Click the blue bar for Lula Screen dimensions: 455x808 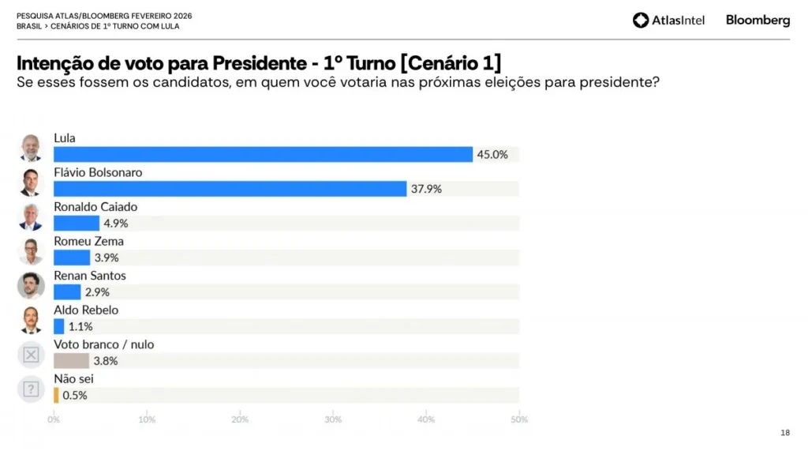[263, 155]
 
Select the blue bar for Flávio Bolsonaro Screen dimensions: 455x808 [230, 189]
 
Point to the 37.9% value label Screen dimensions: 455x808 [426, 189]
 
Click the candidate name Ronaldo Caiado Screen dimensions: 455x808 [95, 207]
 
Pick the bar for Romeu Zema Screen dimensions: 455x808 [72, 258]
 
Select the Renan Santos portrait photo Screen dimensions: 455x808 [31, 285]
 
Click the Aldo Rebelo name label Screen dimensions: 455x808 [85, 310]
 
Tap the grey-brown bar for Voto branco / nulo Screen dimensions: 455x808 [71, 361]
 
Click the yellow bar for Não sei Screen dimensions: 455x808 [56, 395]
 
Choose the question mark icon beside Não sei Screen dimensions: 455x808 [31, 389]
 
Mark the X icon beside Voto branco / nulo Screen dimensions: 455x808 [31, 355]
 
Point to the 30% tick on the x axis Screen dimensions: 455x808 [333, 419]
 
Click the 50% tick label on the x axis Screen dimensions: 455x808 [518, 419]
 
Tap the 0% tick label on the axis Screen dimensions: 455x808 [54, 419]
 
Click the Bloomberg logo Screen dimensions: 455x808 [757, 21]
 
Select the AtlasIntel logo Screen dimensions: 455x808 [668, 21]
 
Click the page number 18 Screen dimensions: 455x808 [784, 433]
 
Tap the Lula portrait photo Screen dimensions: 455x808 [31, 148]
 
